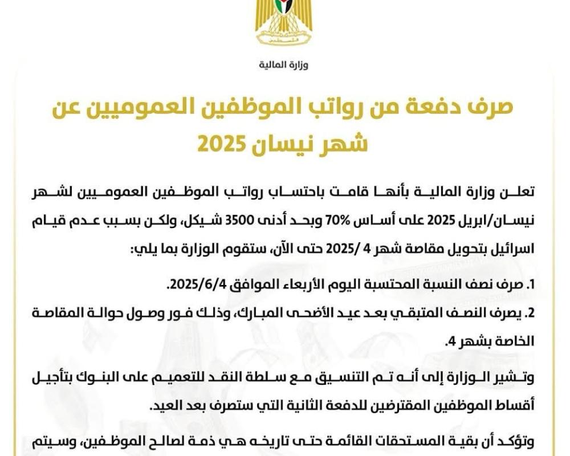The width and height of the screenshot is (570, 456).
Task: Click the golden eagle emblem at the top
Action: coord(284,23)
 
